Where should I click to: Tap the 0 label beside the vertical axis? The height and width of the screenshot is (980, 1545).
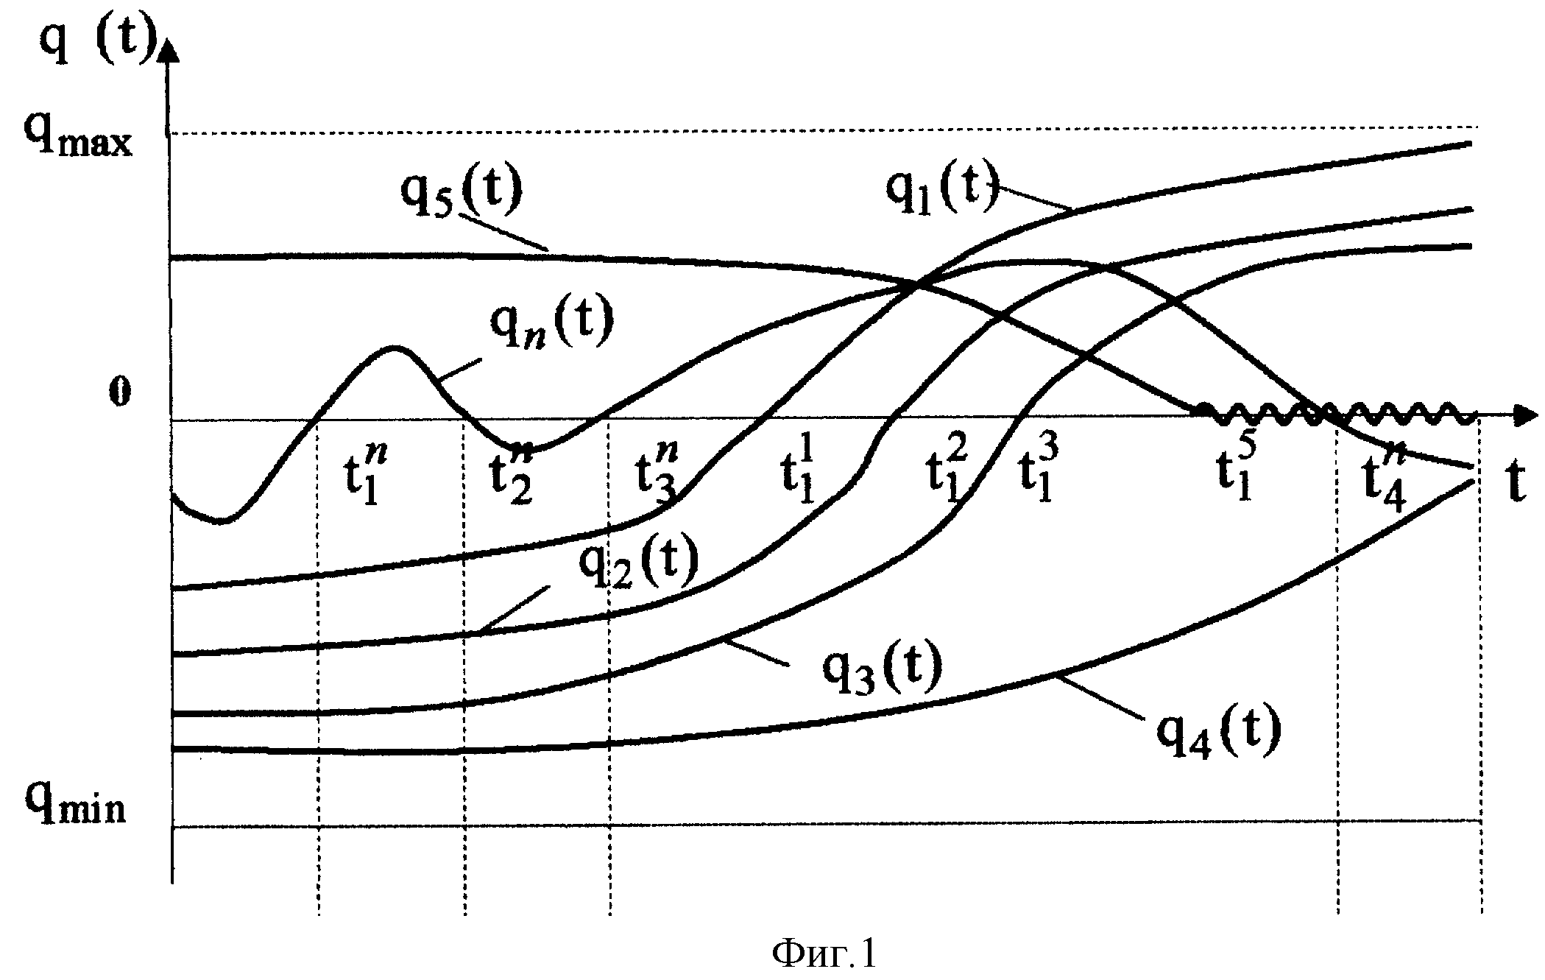click(120, 392)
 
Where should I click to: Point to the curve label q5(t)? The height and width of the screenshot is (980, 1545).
click(462, 190)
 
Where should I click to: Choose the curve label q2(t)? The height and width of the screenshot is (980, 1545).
click(638, 563)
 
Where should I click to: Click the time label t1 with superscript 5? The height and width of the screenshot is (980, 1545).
click(1235, 470)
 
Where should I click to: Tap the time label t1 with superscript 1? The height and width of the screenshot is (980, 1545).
click(802, 471)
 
